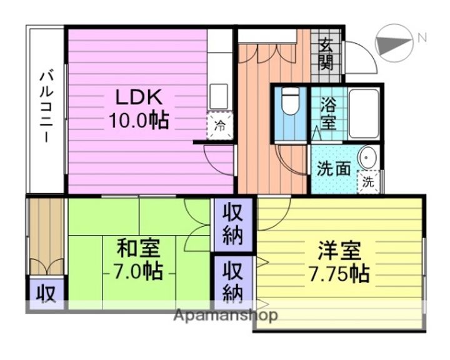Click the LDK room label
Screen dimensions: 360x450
pos(138,97)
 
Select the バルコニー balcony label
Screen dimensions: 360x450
pos(46,106)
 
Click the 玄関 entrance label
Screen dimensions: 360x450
pos(326,54)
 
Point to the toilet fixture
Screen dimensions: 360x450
pos(290,103)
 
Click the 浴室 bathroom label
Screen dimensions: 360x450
pos(328,113)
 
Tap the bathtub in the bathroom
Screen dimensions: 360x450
pos(364,112)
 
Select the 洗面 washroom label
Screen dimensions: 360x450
pos(333,169)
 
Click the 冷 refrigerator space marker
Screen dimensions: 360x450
pos(220,125)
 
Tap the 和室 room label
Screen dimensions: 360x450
pos(138,249)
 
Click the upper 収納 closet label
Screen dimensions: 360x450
pos(233,225)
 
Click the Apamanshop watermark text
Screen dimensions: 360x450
pos(226,316)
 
